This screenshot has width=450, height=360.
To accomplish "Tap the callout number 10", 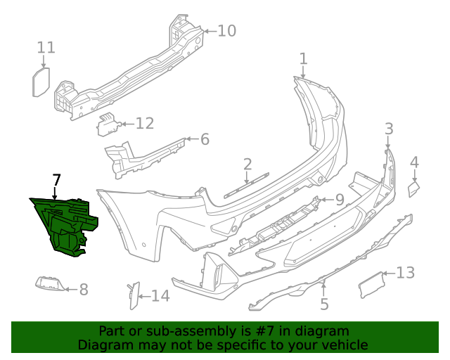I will (x=226, y=31).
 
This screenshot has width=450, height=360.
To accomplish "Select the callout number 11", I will (x=46, y=47).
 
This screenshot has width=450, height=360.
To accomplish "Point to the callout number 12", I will (x=144, y=124).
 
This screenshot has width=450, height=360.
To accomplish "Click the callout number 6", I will (x=205, y=139).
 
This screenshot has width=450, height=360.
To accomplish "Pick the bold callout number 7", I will (x=56, y=180).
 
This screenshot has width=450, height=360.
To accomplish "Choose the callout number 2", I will (x=247, y=165).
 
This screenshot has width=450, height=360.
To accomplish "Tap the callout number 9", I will (x=339, y=200).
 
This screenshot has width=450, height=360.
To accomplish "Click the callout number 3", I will (x=389, y=128).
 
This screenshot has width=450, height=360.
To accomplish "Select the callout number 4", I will (x=414, y=162).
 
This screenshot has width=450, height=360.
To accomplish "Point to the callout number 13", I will (x=406, y=273).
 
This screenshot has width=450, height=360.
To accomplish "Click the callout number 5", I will (x=324, y=304).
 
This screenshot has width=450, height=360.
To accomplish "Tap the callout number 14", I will (x=160, y=296).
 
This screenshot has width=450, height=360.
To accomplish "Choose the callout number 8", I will (x=83, y=289).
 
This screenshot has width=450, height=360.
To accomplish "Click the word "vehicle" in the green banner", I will (x=345, y=345).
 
